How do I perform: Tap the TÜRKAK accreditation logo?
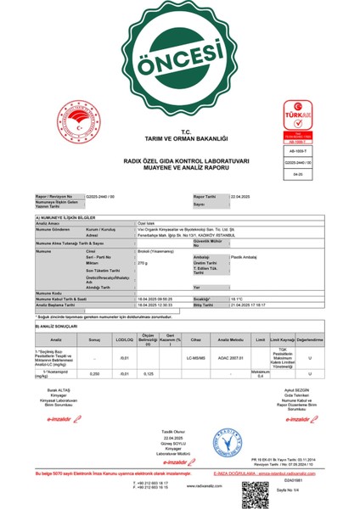(282, 126)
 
